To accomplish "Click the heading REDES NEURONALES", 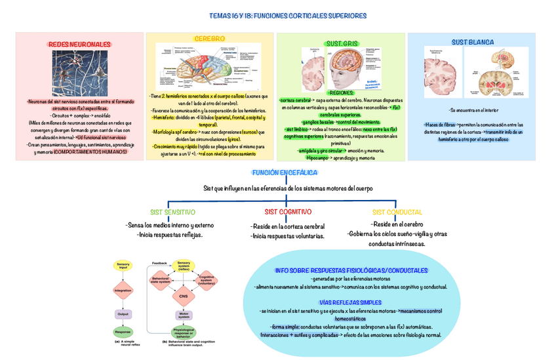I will (79, 44).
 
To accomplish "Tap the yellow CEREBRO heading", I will (209, 39).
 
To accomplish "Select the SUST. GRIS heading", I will (341, 43).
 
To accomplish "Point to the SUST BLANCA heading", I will (472, 42).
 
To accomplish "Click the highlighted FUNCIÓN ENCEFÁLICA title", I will (285, 172).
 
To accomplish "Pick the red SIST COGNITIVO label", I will (288, 212).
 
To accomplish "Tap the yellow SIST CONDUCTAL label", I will (397, 212).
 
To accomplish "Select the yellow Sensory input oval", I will (123, 266).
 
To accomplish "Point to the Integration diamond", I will (123, 289).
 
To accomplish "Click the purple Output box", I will (123, 314).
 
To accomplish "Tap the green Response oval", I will (123, 332).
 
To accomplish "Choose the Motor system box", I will (184, 315).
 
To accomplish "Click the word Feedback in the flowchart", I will (159, 262).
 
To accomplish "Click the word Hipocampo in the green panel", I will (318, 158).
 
